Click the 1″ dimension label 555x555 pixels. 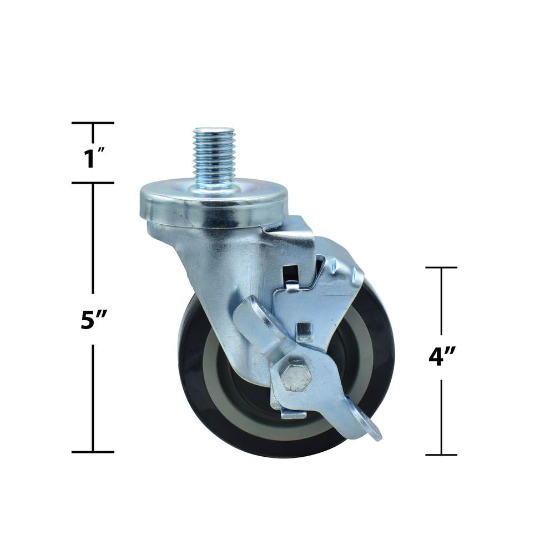point(92,159)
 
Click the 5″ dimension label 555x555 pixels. point(93,320)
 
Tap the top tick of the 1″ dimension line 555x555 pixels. point(93,123)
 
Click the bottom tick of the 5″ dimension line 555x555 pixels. point(93,452)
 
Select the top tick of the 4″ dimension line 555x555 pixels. point(441,268)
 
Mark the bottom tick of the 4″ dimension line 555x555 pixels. point(441,455)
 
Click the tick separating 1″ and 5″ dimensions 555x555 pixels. point(93,183)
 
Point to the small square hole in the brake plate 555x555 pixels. point(303,331)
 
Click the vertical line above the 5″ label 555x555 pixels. point(93,239)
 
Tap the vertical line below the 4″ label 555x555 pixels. point(441,416)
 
